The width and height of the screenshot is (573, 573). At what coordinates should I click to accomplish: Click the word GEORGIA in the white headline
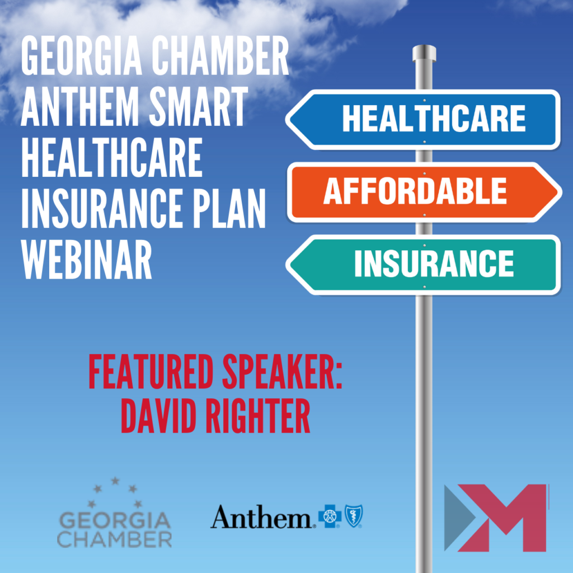(81, 56)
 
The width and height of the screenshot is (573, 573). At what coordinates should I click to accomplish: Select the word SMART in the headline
(198, 107)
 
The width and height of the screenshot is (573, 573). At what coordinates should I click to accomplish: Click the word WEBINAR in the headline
(87, 260)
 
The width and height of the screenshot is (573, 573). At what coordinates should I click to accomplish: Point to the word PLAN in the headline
(229, 209)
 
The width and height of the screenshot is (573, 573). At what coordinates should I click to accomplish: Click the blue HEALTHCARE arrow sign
(423, 119)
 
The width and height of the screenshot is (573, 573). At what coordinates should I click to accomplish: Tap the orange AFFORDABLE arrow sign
(425, 192)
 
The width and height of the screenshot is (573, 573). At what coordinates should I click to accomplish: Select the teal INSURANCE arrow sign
(423, 265)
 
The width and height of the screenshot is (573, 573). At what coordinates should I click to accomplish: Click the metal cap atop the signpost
(424, 53)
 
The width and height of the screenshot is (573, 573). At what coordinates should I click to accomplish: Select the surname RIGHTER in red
(258, 416)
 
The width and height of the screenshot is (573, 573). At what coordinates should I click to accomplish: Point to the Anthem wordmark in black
(261, 516)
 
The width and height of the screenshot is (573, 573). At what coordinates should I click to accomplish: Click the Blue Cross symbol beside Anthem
(330, 516)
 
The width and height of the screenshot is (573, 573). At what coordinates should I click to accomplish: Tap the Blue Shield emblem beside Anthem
(354, 516)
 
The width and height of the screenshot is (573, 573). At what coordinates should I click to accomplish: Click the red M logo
(496, 518)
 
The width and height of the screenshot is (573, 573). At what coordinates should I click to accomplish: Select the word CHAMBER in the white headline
(220, 56)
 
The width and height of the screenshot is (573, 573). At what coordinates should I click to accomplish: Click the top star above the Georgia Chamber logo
(115, 481)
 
